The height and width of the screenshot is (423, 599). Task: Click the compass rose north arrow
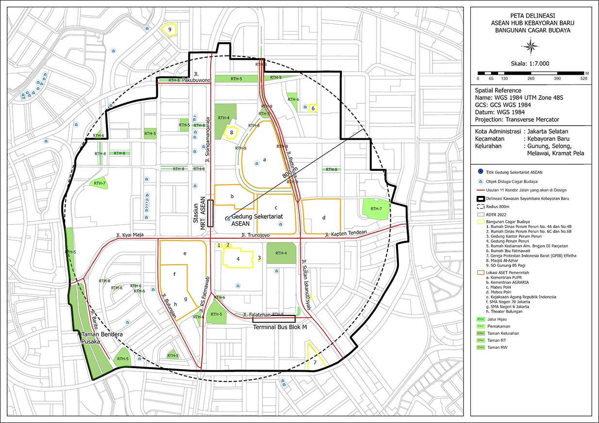click(531, 47)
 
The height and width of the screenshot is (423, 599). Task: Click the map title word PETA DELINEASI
click(531, 15)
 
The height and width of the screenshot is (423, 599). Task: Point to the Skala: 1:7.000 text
click(531, 63)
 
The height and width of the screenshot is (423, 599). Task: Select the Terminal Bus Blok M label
click(274, 327)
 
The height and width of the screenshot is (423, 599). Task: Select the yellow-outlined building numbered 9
click(170, 30)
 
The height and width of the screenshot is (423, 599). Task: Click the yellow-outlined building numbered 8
click(232, 132)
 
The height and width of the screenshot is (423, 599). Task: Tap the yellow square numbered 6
click(314, 108)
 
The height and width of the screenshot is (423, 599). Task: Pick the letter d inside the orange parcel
click(324, 217)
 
